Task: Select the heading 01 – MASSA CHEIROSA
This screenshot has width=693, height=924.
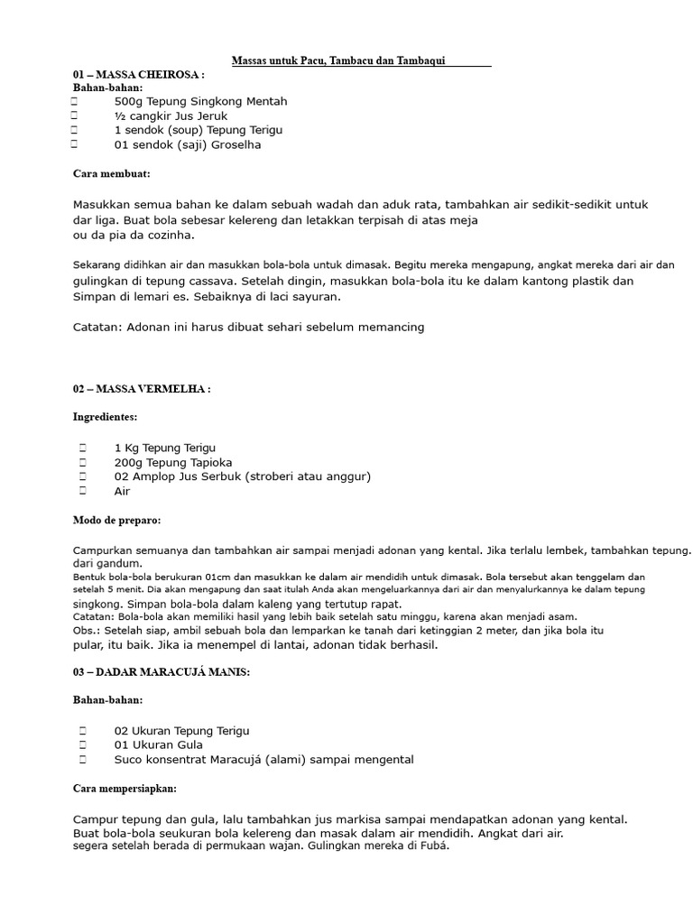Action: coord(138,74)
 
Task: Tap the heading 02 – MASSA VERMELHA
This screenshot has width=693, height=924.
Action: coord(142,389)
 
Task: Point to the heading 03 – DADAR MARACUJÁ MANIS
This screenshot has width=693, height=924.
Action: coord(162,672)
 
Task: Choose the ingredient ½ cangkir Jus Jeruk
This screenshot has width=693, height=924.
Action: coord(171,116)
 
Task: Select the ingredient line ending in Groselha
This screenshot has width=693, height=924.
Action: coord(188,144)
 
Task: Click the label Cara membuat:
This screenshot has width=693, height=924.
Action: coord(111,172)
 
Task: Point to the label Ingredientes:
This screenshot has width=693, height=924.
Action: coord(105,417)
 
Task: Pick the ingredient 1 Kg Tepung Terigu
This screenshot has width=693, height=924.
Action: coord(165,448)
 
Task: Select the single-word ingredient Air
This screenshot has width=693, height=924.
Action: coord(122,491)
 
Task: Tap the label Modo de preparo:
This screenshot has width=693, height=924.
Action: coord(116,520)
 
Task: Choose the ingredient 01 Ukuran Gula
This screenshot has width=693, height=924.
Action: coord(158,745)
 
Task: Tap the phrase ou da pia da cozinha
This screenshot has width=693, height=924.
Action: coord(134,235)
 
